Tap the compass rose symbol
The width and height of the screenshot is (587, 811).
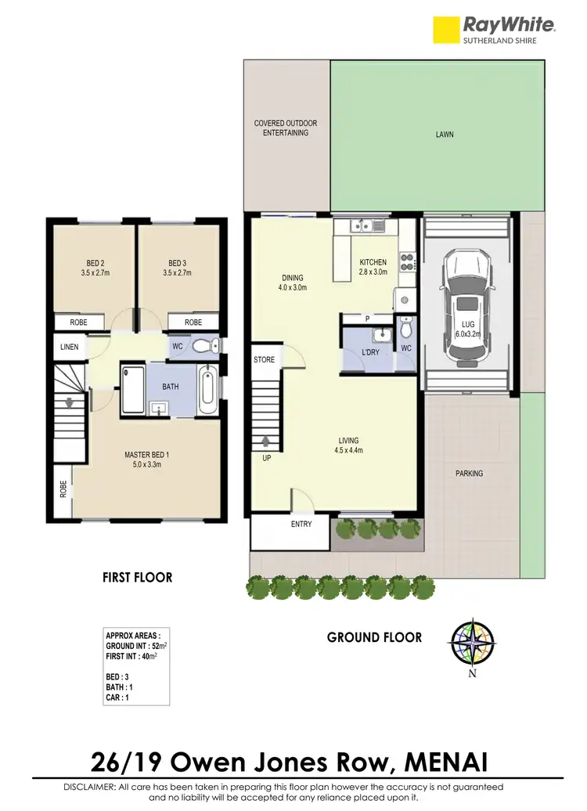tap(473, 643)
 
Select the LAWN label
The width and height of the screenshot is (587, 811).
tap(445, 135)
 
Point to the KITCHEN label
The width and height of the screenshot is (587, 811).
tap(373, 262)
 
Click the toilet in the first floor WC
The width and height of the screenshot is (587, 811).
tap(205, 345)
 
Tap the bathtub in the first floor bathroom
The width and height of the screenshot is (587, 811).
tap(207, 389)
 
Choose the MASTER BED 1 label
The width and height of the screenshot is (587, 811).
tap(147, 460)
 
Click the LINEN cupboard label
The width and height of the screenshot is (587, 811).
tap(70, 347)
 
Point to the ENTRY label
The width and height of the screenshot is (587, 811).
tap(301, 524)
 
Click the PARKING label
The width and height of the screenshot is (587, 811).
tap(469, 474)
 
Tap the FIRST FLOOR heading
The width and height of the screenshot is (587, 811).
tap(137, 578)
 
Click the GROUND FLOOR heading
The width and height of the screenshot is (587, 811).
tap(374, 637)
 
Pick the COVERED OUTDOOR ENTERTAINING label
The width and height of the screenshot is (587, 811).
tap(286, 128)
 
